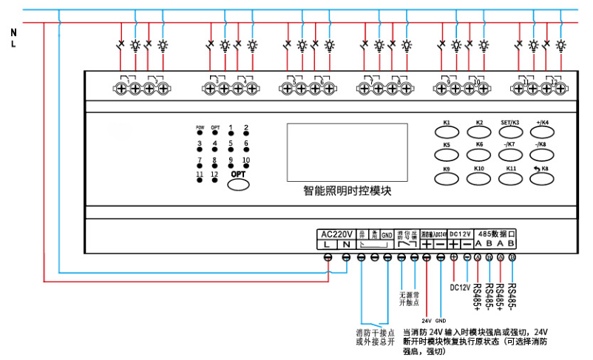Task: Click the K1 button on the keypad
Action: [x=447, y=130]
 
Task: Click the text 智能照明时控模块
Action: [x=347, y=190]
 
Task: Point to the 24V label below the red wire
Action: [x=427, y=321]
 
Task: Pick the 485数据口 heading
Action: [x=496, y=233]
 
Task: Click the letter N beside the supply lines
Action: [x=13, y=32]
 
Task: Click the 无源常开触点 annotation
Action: [x=409, y=298]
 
